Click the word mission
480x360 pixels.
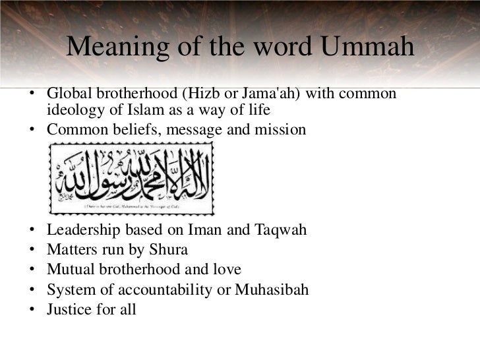282,129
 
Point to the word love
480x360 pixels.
226,270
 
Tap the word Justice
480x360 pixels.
69,308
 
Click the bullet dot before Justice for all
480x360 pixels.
32,309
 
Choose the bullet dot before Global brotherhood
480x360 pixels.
32,94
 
